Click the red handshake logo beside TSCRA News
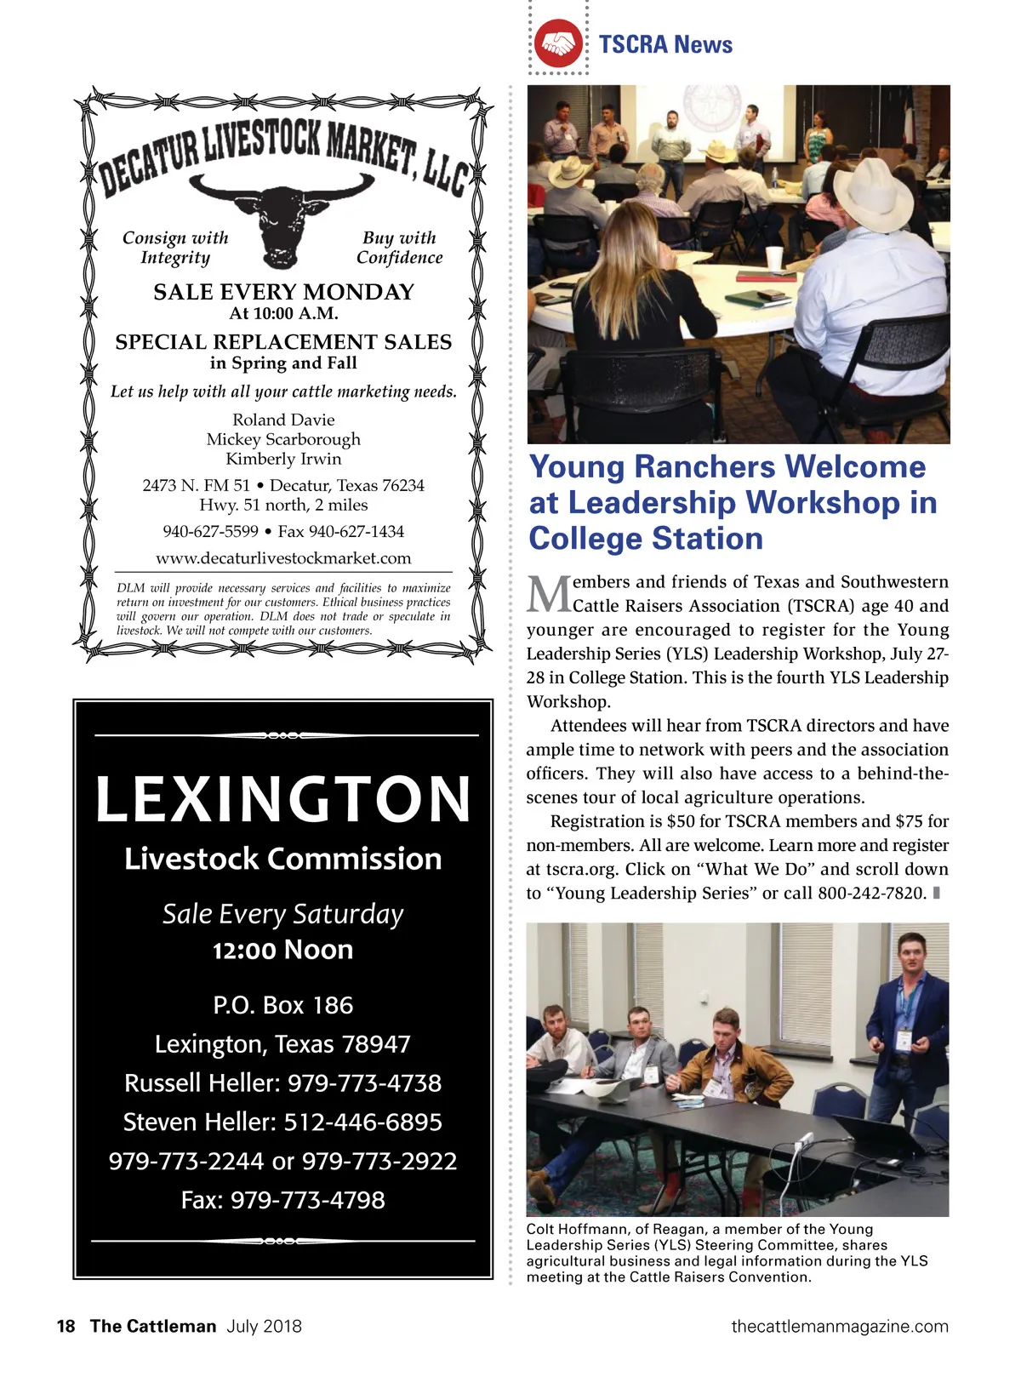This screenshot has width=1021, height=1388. (558, 43)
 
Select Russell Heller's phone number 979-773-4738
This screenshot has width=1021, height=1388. (364, 1082)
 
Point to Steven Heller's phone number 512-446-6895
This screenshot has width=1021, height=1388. (362, 1122)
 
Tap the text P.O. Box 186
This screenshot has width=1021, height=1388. (283, 1005)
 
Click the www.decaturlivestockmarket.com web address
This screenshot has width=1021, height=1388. (283, 558)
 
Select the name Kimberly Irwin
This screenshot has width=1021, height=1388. (283, 459)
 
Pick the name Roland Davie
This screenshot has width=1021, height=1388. (283, 420)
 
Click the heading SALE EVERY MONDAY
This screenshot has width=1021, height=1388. (283, 292)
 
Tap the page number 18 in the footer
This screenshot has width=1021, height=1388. (66, 1326)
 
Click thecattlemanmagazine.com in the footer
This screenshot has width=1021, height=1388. (839, 1326)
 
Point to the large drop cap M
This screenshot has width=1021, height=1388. (548, 594)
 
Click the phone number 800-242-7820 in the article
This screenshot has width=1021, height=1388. (871, 893)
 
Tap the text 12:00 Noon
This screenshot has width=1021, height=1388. (283, 950)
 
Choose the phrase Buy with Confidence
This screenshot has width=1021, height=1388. (399, 248)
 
